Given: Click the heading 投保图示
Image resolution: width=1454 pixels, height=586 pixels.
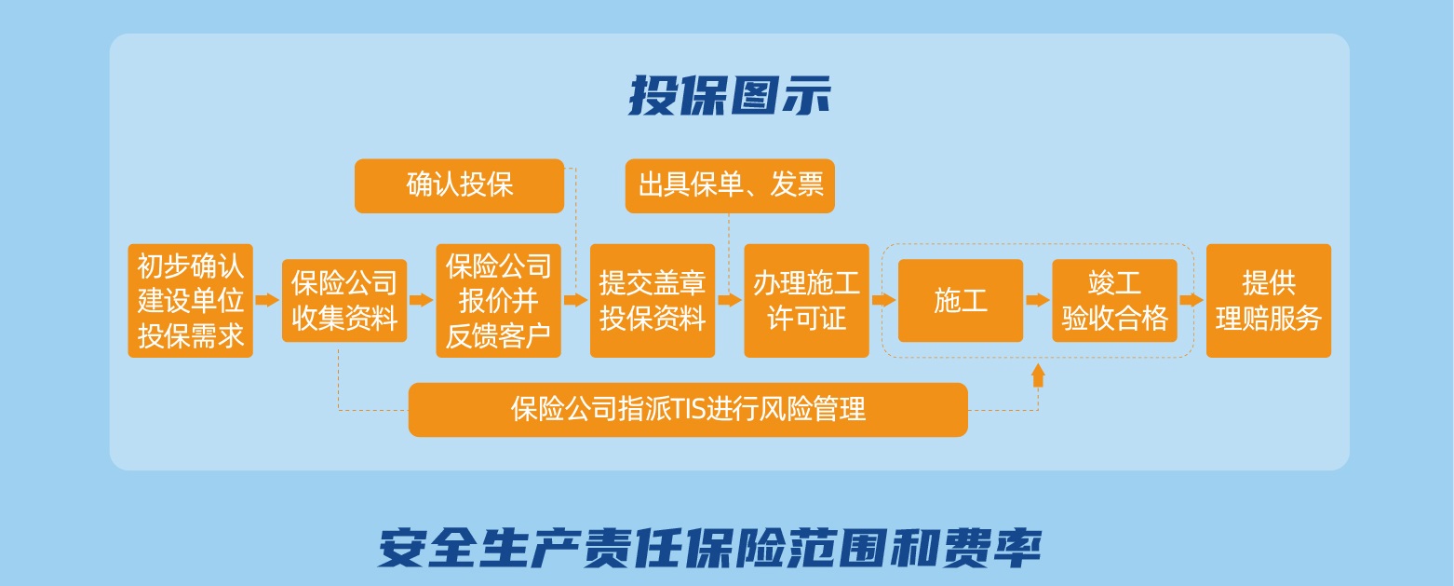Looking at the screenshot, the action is (730, 96).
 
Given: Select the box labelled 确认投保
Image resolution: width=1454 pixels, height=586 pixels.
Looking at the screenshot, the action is (459, 185).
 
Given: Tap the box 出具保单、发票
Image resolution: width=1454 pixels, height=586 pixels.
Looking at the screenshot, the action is (730, 185).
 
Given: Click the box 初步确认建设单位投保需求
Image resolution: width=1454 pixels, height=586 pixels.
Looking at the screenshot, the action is (190, 300).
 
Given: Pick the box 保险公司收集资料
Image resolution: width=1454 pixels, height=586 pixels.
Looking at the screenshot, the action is (344, 300).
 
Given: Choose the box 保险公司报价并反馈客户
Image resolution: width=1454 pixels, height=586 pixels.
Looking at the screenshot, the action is (499, 300).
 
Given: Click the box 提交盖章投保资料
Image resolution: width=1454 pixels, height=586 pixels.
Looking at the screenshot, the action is (653, 300).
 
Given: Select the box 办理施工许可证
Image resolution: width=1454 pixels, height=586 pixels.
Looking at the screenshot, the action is (806, 300).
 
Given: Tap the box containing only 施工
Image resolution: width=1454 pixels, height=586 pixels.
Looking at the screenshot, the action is (961, 300).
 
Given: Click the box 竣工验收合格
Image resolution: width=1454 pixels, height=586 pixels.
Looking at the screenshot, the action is (1114, 300).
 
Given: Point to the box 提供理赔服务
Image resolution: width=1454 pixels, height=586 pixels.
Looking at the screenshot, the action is (1269, 300).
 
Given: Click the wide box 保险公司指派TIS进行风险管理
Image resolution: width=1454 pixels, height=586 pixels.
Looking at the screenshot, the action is (688, 409).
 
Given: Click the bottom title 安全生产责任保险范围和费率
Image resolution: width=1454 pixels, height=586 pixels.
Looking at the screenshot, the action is (709, 549).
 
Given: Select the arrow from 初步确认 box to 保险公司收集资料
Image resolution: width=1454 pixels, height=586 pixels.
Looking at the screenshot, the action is (267, 299).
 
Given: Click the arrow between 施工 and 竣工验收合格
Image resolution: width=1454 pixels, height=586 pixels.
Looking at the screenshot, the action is (1038, 299).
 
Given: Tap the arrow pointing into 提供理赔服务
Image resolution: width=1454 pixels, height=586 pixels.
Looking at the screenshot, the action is (1191, 299).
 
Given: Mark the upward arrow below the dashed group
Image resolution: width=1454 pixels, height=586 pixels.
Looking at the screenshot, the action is (1038, 375).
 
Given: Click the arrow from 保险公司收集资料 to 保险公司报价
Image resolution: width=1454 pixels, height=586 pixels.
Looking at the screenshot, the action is (422, 299).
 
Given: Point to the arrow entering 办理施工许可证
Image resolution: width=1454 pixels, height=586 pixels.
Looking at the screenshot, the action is (730, 299).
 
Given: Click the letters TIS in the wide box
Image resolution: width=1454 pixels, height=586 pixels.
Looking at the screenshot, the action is (687, 409).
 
